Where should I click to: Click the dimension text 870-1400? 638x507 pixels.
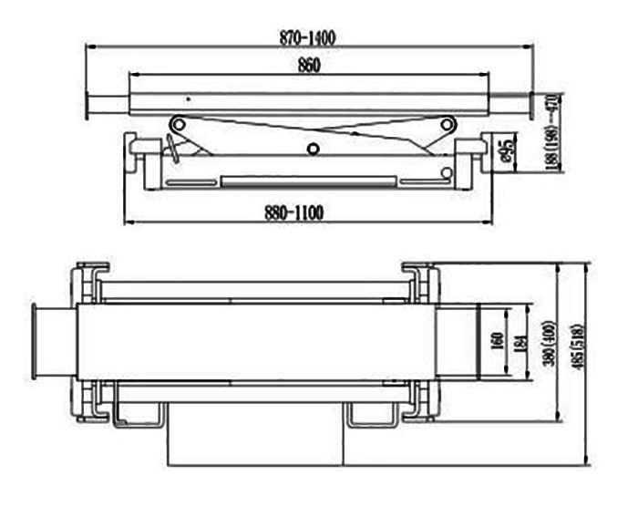click(x=310, y=38)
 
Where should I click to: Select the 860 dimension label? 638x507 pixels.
click(x=309, y=67)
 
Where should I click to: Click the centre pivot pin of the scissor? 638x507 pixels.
click(x=313, y=149)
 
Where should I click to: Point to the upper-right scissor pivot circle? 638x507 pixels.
click(x=447, y=124)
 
